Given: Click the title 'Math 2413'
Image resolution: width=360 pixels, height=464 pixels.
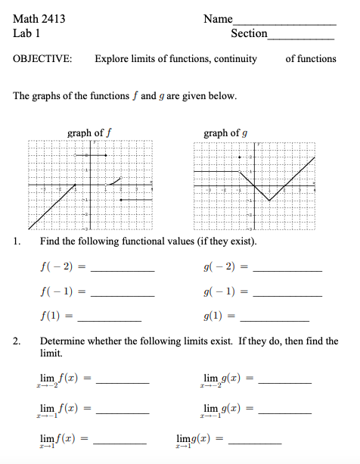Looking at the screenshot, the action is coord(39,19).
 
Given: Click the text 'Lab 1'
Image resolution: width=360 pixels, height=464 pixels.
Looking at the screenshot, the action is coord(26,33).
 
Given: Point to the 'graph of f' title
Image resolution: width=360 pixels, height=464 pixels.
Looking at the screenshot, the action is coord(90,133).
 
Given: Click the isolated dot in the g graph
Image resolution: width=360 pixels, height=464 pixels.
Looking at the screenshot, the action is coord(240,157).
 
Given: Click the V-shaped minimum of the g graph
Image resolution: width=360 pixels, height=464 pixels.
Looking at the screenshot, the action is coord(269,201).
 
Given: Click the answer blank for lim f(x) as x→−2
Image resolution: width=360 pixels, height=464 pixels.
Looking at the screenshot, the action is coord(122,383).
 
